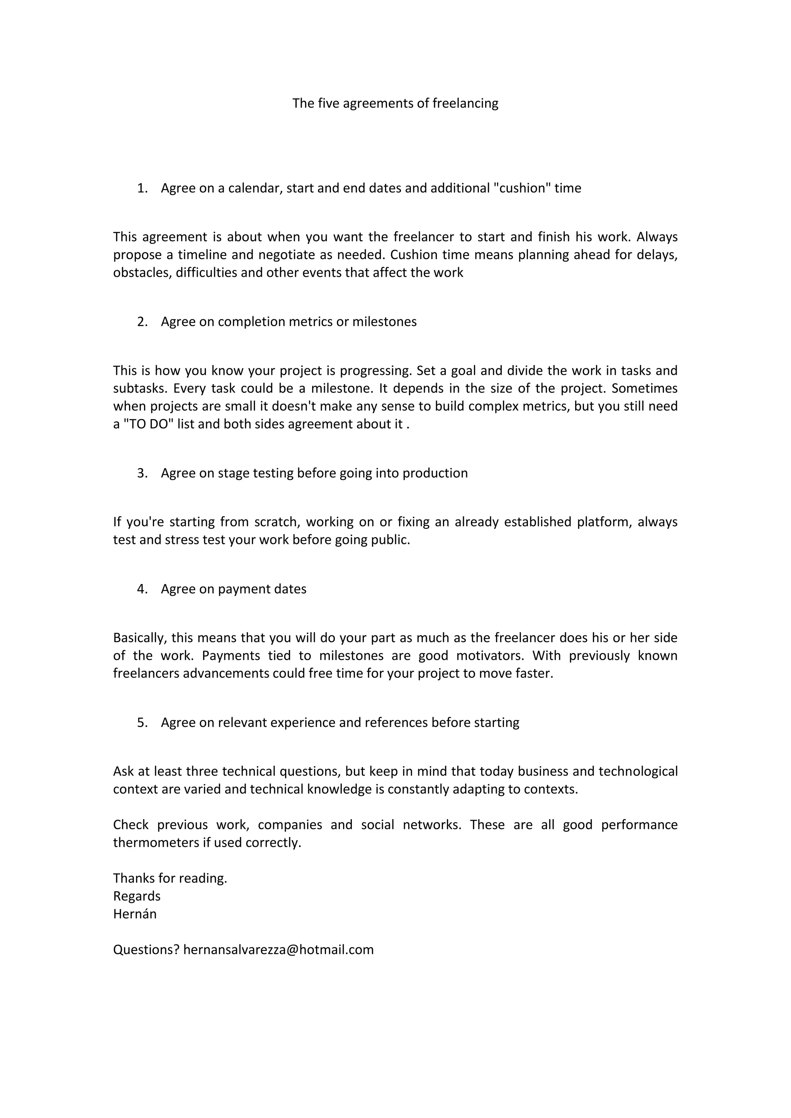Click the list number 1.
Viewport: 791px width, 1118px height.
pos(142,188)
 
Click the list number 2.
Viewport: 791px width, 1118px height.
pos(142,322)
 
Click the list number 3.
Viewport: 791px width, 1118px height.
pos(142,473)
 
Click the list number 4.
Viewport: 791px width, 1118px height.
pos(142,589)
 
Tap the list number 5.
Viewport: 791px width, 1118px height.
pos(142,723)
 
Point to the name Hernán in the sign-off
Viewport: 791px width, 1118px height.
pos(135,914)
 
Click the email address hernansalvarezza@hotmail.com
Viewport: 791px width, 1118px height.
pos(278,950)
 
